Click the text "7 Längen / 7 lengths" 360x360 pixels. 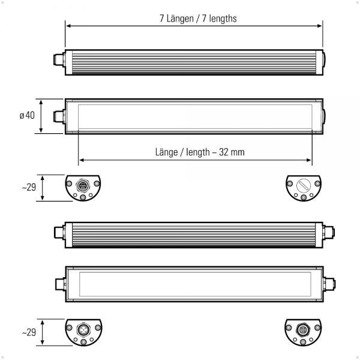(x=198, y=18)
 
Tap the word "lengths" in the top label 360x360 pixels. (x=222, y=18)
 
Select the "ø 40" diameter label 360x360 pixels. (x=27, y=116)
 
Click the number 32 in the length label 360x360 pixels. (x=224, y=152)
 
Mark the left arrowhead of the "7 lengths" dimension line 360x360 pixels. (x=68, y=26)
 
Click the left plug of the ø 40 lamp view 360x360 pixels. (x=58, y=116)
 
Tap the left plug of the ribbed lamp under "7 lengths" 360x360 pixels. (x=58, y=62)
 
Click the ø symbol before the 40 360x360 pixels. (x=22, y=116)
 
